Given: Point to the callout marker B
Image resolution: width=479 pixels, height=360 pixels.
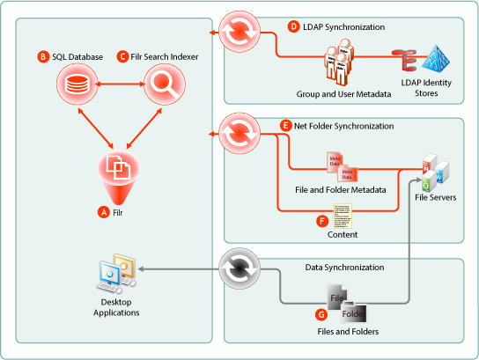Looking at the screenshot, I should click(x=42, y=57).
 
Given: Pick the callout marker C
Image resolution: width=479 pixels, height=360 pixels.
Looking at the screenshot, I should click(x=122, y=57).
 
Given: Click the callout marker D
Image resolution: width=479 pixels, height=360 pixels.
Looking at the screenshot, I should click(x=294, y=27).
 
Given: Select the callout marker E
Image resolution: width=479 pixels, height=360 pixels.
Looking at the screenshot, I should click(x=285, y=127).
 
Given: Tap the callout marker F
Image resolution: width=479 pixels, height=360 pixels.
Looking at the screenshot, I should click(x=322, y=220).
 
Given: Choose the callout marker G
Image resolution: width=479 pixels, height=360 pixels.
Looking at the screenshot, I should click(x=321, y=312).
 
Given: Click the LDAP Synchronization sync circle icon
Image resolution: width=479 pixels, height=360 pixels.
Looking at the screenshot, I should click(x=239, y=33).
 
